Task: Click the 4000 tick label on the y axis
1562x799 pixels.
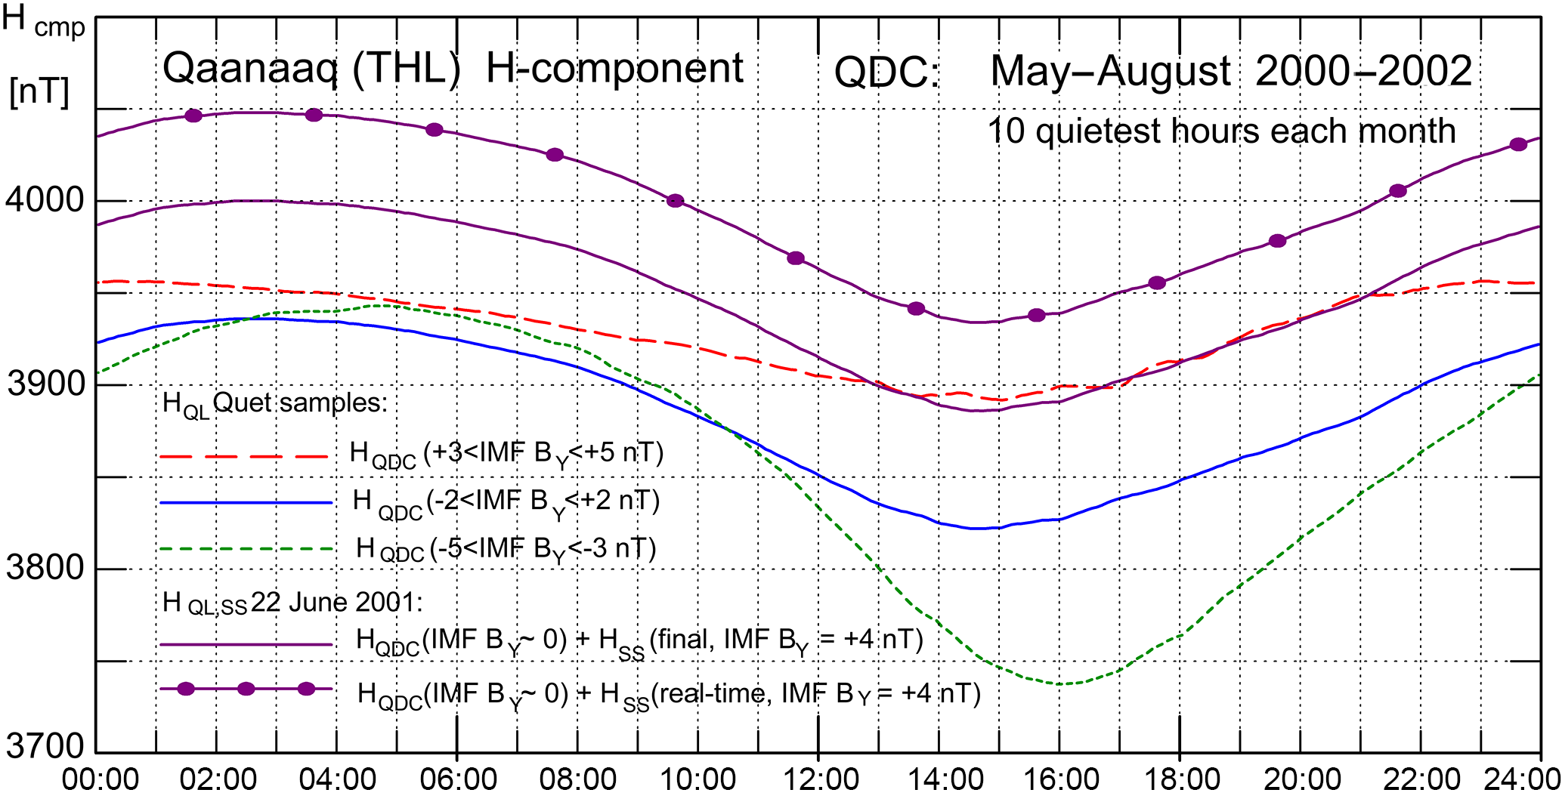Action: (44, 200)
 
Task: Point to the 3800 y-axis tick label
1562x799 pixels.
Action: (44, 568)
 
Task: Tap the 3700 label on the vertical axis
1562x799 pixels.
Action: (44, 746)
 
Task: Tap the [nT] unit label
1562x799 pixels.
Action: (39, 93)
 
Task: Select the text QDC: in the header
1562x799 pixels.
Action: (886, 74)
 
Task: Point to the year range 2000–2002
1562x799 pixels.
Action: (1363, 72)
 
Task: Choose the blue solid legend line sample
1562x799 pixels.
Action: (246, 502)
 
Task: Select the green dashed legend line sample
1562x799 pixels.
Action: (246, 549)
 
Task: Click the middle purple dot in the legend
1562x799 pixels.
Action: (246, 689)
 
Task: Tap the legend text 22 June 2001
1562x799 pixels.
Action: (336, 603)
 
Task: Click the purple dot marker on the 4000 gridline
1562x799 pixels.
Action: (675, 201)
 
